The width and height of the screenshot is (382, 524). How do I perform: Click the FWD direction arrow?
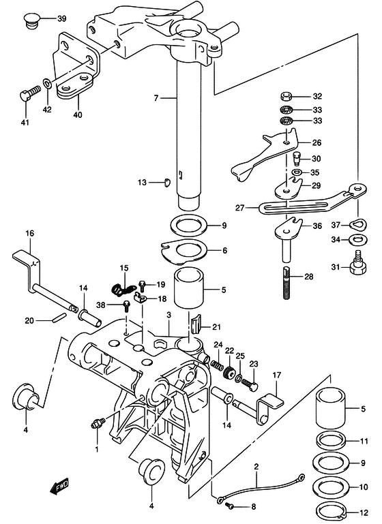click(59, 486)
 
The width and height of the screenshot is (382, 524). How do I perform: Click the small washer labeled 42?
click(47, 82)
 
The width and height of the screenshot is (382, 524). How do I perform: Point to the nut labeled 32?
click(286, 97)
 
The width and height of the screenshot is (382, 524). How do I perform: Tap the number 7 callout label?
click(156, 98)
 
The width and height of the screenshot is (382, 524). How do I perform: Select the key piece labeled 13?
click(167, 183)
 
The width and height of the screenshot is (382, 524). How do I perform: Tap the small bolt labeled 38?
click(127, 306)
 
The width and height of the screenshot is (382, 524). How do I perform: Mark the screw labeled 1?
click(98, 423)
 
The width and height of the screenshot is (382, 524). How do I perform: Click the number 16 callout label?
click(30, 233)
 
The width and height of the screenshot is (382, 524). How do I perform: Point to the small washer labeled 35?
click(296, 172)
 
